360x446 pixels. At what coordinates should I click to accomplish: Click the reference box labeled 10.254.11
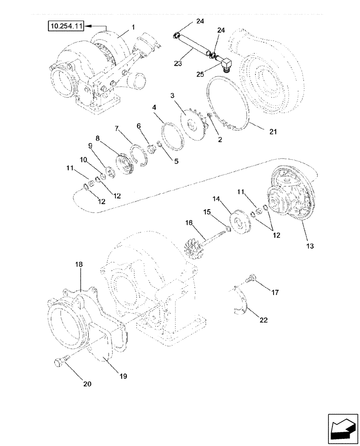point(67,27)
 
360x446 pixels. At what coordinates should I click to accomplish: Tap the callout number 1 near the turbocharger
point(133,27)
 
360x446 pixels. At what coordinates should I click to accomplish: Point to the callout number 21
point(272,132)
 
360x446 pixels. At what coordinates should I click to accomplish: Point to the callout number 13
point(309,246)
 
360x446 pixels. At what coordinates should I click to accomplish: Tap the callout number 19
point(123,376)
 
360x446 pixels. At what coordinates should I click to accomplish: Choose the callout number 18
point(79,264)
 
